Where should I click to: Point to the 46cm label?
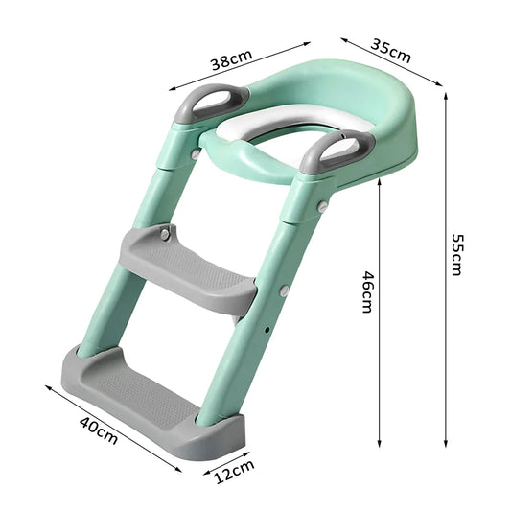(365, 290)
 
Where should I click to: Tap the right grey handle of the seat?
(337, 152)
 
